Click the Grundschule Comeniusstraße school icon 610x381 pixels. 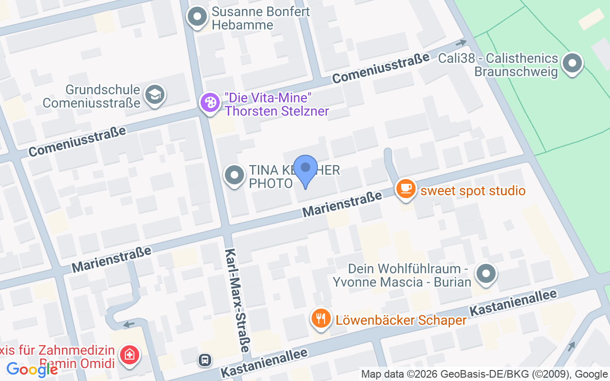pos(154,94)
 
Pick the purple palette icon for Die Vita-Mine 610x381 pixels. pos(209,103)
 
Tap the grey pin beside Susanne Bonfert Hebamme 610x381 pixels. pos(197,17)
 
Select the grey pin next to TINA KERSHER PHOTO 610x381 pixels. pos(234,175)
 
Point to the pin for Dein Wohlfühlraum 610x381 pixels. pos(486,274)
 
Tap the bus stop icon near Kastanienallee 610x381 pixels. pos(205,360)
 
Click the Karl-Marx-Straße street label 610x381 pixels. pos(237,300)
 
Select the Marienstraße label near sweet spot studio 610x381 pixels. pos(342,205)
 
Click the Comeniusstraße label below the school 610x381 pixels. pos(77,141)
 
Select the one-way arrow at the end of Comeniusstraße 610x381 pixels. pos(461,43)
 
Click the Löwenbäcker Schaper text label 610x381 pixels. pos(401,320)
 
